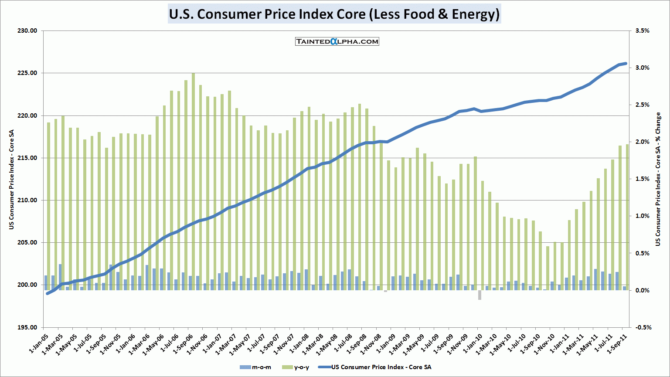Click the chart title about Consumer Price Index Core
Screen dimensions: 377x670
tap(334, 14)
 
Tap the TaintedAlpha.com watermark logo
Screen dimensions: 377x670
tap(337, 41)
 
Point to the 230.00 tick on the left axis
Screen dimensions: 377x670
tap(27, 31)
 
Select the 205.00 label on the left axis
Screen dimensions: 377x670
tap(27, 243)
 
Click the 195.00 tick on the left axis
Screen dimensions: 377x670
tap(27, 327)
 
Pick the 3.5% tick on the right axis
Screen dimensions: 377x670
tap(642, 31)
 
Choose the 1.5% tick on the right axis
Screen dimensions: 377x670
tap(642, 179)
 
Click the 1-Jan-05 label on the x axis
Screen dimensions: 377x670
tap(38, 344)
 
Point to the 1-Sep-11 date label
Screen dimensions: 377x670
tap(618, 344)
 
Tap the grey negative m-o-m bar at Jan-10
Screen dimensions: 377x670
tap(480, 295)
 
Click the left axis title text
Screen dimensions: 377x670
tap(12, 180)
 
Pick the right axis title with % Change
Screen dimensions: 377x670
tap(658, 179)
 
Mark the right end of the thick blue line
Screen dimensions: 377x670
tap(626, 64)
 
